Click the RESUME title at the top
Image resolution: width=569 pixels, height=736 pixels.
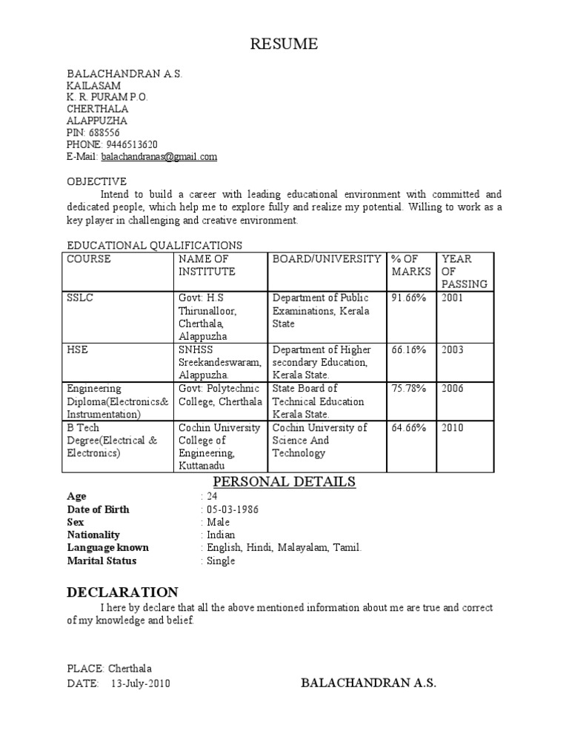click(284, 44)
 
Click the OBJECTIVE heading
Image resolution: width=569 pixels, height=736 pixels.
click(97, 181)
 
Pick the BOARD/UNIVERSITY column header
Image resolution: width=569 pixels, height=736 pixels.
click(327, 259)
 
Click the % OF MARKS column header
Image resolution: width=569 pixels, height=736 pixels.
click(410, 265)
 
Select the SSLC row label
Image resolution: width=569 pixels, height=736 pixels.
click(81, 298)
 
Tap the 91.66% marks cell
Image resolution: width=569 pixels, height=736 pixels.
click(408, 298)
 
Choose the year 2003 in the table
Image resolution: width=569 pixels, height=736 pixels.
click(453, 349)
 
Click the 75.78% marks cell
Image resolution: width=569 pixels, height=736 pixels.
click(408, 389)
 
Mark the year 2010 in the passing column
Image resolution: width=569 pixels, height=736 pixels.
click(453, 428)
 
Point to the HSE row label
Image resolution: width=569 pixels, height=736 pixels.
click(78, 349)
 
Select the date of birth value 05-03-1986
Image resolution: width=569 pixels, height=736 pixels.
click(232, 509)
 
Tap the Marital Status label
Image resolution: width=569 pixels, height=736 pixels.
click(102, 561)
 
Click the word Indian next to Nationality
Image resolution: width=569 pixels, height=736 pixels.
click(221, 535)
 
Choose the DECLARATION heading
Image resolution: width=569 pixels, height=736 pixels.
click(122, 592)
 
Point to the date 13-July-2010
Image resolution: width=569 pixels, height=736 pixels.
click(141, 683)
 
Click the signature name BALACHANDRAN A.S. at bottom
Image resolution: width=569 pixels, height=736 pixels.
click(368, 683)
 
